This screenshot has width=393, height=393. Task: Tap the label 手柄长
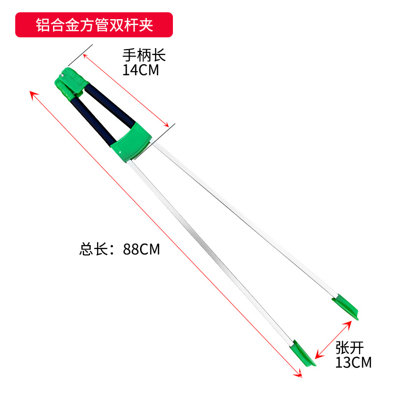tap(144, 55)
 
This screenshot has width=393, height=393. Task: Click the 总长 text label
tap(93, 250)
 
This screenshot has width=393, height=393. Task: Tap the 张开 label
tap(349, 348)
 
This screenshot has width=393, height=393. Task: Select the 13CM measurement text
tap(353, 363)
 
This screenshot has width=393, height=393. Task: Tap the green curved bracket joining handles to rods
tap(132, 140)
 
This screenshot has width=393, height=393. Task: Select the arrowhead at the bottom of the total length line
tap(299, 374)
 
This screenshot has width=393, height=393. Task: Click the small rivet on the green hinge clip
tap(63, 75)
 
